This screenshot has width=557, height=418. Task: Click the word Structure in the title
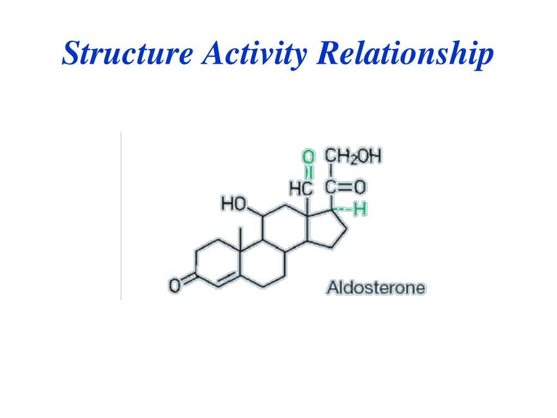(x=128, y=54)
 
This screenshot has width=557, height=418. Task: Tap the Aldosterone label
(x=375, y=287)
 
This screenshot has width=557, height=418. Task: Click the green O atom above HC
(x=308, y=158)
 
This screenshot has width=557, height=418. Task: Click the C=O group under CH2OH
(x=345, y=188)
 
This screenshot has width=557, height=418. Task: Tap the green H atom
(x=358, y=209)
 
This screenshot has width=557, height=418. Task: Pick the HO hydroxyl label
(x=232, y=204)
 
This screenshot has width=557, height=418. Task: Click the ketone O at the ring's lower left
(x=175, y=285)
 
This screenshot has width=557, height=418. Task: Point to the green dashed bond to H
(x=344, y=208)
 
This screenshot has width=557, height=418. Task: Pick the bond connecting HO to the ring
(x=255, y=211)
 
